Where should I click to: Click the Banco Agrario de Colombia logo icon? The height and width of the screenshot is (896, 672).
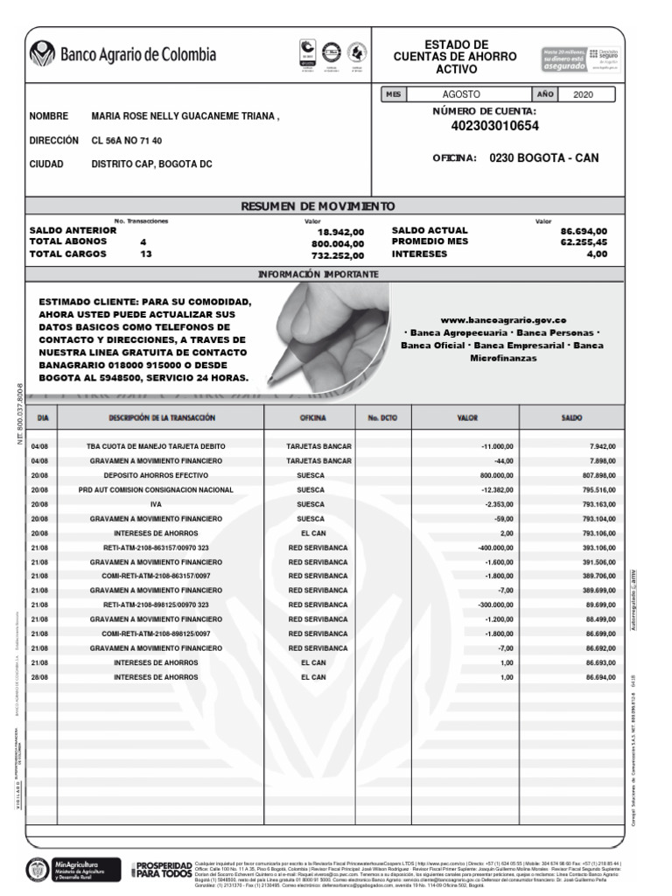click(x=42, y=54)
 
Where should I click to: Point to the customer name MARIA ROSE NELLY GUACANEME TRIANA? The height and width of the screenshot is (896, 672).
click(x=185, y=116)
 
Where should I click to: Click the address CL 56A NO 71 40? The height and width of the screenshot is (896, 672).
click(x=127, y=140)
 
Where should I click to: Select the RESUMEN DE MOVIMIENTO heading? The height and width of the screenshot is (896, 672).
click(x=318, y=206)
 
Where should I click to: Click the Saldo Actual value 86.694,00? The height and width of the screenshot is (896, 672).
click(x=584, y=232)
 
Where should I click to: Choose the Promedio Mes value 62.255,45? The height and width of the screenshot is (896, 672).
click(x=584, y=242)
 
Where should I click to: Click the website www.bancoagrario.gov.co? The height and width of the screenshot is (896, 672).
click(x=502, y=320)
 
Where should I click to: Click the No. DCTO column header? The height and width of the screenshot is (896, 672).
click(x=382, y=418)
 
